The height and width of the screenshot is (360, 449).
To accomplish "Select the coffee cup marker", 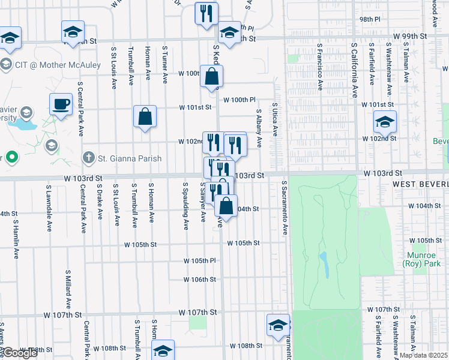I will (x=61, y=105).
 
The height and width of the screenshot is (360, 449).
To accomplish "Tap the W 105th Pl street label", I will (x=199, y=261).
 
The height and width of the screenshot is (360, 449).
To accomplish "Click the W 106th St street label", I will (x=200, y=280).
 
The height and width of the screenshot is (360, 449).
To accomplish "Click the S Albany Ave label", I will (x=259, y=128).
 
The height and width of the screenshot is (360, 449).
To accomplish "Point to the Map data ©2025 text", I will (x=423, y=355).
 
